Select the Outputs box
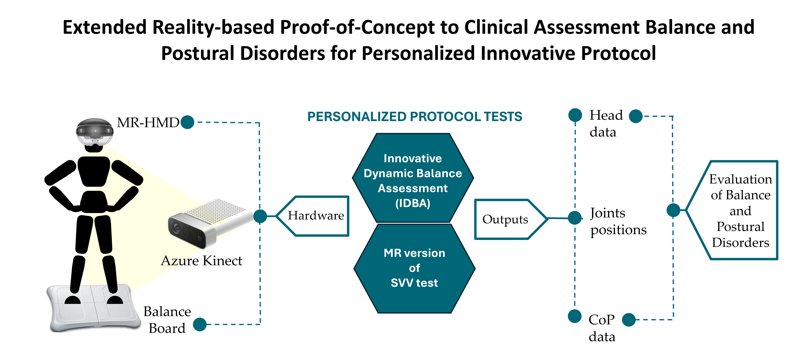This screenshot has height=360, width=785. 510,219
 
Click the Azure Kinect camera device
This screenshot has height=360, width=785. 210,223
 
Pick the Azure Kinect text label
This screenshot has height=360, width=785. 201,261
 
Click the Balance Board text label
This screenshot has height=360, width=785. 167,320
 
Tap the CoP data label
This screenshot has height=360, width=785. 602,328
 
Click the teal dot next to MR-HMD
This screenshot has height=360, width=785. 187,122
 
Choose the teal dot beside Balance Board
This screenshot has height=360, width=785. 200,324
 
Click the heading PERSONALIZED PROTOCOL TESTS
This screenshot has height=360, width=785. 415,117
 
